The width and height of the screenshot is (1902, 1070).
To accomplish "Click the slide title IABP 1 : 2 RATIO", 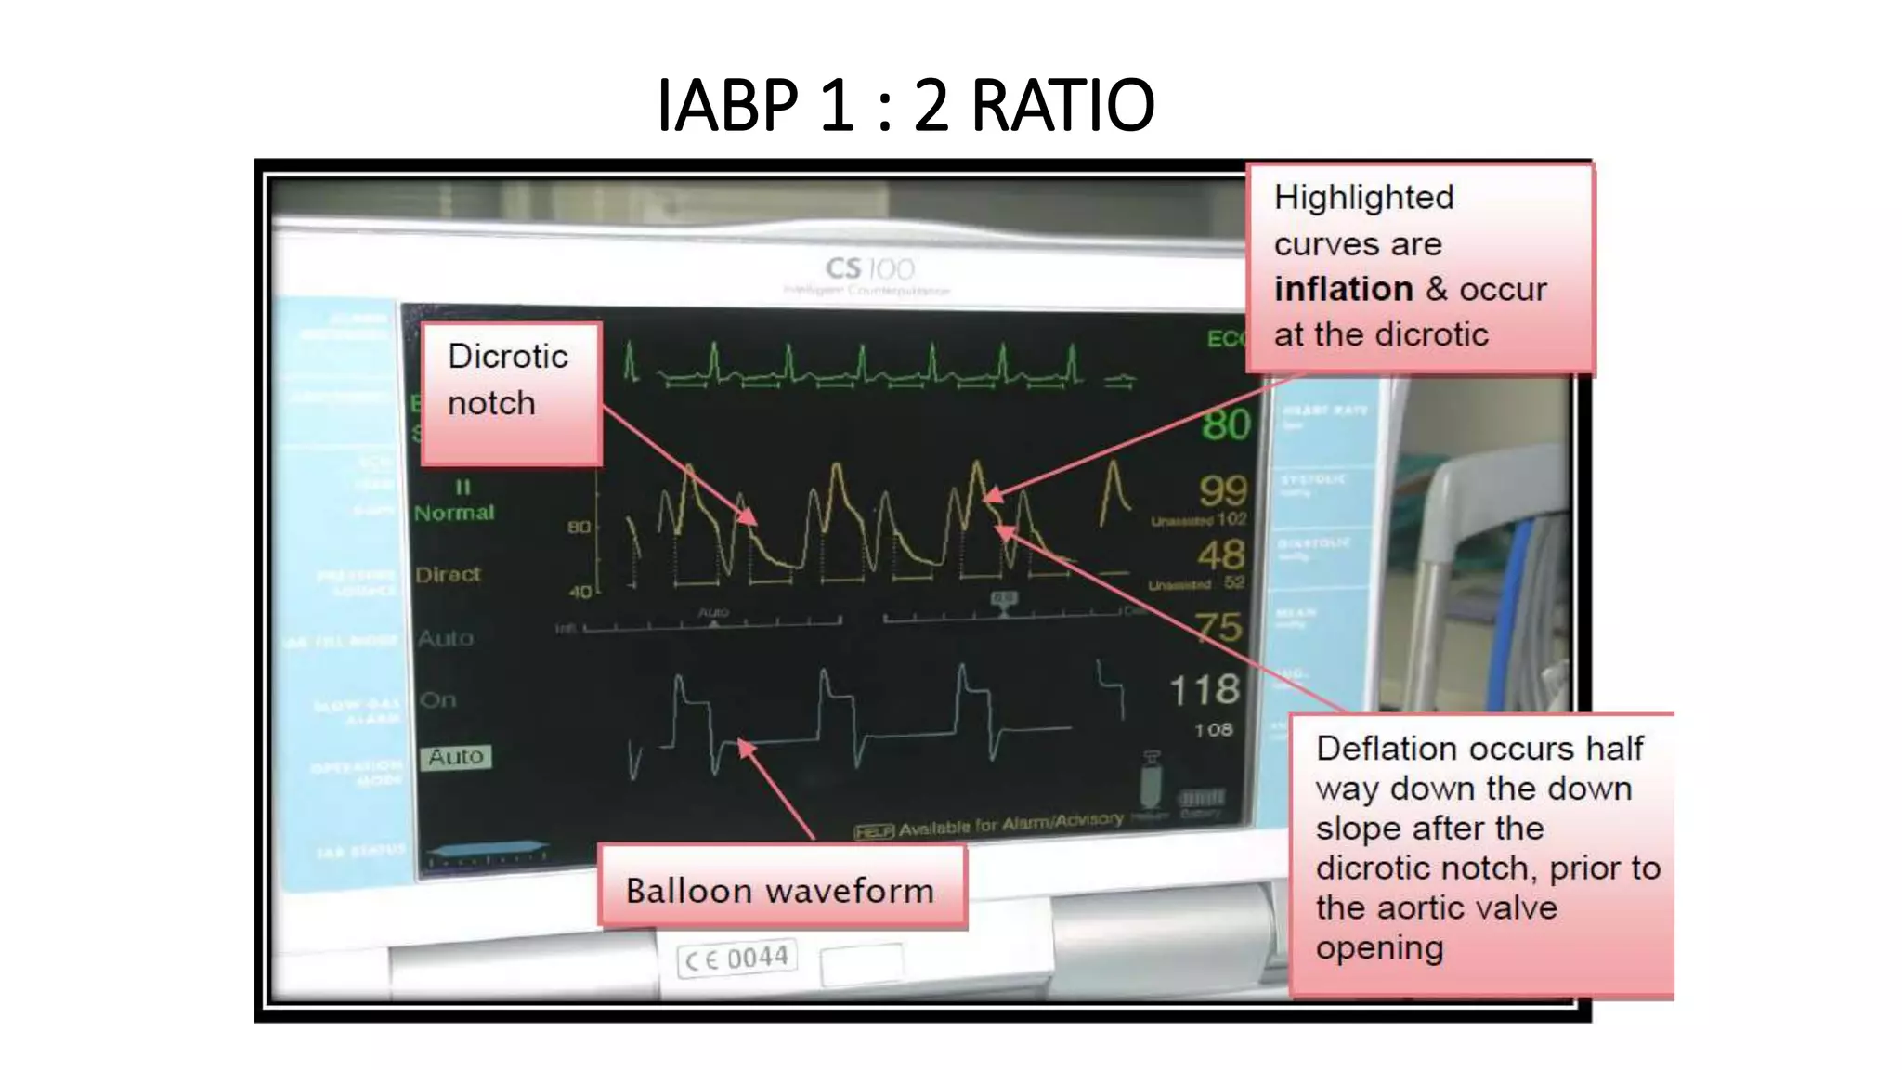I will pyautogui.click(x=905, y=105).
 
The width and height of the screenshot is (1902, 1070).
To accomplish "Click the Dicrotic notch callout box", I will pyautogui.click(x=511, y=393).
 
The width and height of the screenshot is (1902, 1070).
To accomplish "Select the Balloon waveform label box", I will pyautogui.click(x=781, y=889).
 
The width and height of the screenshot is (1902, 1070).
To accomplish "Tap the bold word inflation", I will pyautogui.click(x=1343, y=289).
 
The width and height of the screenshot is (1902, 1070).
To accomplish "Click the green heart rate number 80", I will pyautogui.click(x=1226, y=424).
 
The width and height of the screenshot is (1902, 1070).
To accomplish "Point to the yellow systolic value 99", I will pyautogui.click(x=1222, y=489).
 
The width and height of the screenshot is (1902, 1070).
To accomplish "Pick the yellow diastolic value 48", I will pyautogui.click(x=1220, y=555).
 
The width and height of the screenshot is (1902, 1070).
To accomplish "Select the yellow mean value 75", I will pyautogui.click(x=1218, y=627).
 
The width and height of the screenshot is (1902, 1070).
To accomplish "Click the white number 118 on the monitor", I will pyautogui.click(x=1205, y=689).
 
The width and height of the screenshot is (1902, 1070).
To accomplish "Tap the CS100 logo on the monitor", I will pyautogui.click(x=870, y=269).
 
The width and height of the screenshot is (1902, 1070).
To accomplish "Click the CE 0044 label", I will pyautogui.click(x=737, y=958).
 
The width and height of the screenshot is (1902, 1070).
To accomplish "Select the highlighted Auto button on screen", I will pyautogui.click(x=455, y=757).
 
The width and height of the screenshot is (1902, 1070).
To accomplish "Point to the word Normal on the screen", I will pyautogui.click(x=454, y=513).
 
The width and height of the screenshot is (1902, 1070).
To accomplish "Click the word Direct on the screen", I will pyautogui.click(x=448, y=574).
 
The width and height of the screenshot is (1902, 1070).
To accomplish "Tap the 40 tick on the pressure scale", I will pyautogui.click(x=580, y=591).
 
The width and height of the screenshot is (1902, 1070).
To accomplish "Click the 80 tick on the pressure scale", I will pyautogui.click(x=579, y=527).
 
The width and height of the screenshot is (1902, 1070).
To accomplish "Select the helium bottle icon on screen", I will pyautogui.click(x=1151, y=780).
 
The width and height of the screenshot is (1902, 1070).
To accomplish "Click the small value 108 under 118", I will pyautogui.click(x=1213, y=730).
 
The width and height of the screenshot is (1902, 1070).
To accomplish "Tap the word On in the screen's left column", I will pyautogui.click(x=437, y=699).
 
